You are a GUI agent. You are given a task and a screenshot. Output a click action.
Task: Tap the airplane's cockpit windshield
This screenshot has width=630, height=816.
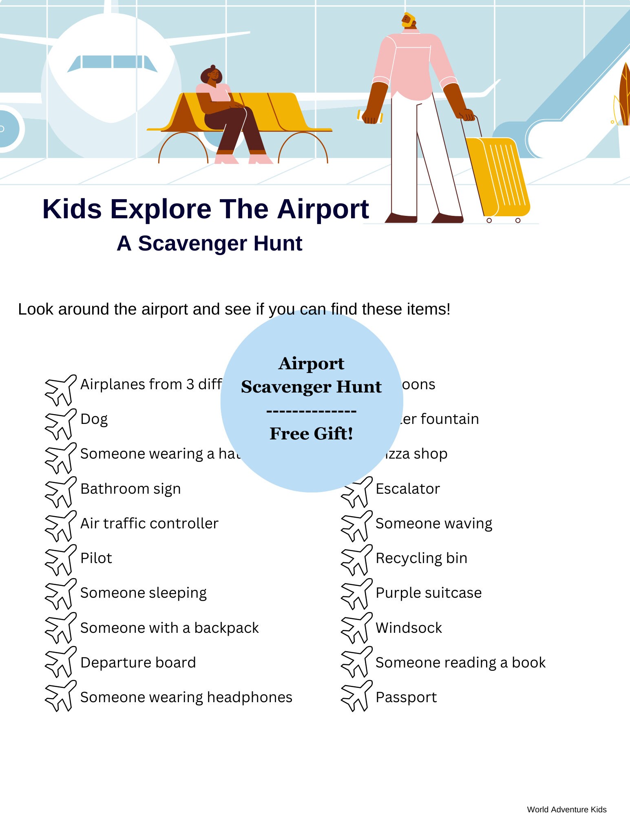coord(112,62)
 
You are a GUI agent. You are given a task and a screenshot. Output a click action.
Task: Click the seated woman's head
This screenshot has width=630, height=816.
coord(212,75)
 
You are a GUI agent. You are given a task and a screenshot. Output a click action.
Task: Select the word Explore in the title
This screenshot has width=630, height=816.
coord(161,209)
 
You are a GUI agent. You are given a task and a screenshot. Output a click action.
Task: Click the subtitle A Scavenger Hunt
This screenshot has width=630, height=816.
coord(209,244)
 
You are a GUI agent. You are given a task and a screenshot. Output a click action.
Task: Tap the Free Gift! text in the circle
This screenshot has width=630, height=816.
coord(311,434)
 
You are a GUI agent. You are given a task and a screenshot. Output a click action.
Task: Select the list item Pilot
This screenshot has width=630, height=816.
coord(96,558)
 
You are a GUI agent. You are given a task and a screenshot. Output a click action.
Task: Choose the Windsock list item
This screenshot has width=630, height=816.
coord(409,628)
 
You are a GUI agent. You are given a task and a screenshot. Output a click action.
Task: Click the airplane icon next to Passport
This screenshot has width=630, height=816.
coord(356,696)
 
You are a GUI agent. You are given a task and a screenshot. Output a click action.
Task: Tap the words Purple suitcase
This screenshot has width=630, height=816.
coord(429,593)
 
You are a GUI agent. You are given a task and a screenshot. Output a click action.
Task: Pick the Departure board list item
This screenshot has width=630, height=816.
coord(138,663)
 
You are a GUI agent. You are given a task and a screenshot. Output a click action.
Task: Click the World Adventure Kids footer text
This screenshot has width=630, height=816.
coord(566,809)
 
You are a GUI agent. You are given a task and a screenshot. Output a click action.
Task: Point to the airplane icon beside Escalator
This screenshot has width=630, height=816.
coord(356,492)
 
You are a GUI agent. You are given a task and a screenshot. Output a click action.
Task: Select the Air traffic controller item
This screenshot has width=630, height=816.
coord(149,523)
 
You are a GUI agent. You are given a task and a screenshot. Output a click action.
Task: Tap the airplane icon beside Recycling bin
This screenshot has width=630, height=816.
coord(356,559)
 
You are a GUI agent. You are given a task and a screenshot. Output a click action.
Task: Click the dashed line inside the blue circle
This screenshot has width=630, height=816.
coord(311,411)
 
